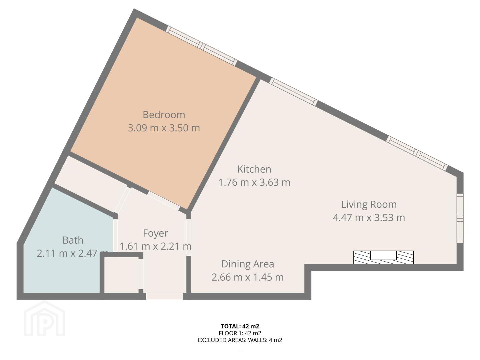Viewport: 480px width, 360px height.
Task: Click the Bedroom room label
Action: coord(164,115)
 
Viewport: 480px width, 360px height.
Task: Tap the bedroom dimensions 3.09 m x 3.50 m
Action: coord(164,128)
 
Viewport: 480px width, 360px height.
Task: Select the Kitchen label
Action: coord(254,169)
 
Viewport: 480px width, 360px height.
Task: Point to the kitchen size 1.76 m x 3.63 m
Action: coord(254,182)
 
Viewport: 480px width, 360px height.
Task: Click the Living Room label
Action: coord(369,204)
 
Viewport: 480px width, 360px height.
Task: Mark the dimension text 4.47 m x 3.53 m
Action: coord(369,217)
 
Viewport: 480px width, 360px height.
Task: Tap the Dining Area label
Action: coord(248,264)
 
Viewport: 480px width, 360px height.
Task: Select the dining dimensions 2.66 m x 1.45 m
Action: coord(248,277)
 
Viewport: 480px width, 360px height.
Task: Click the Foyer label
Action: coord(155,233)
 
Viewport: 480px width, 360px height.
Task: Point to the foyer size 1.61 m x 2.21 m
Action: coord(155,246)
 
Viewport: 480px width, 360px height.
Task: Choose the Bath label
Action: coord(73,240)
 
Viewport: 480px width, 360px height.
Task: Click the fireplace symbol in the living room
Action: coord(384,257)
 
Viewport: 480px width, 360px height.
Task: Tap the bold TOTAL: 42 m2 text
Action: coord(240,326)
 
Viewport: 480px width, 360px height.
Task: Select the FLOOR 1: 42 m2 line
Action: coord(240,333)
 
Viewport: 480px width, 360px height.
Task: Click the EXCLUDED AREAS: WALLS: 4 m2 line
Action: coord(240,340)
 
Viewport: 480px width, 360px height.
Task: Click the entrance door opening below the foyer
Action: coord(164,296)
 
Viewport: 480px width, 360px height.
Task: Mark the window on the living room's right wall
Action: coord(460,218)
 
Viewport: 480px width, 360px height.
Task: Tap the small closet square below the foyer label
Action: coord(121,275)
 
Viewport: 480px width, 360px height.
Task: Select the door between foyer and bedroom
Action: coord(164,201)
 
